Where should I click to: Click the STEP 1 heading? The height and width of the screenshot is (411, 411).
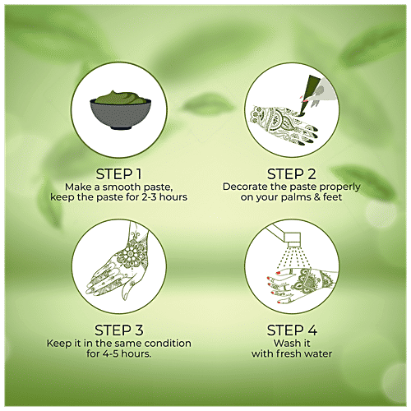click(x=118, y=174)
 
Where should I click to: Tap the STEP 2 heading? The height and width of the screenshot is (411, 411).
click(x=292, y=174)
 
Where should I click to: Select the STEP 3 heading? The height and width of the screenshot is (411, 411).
click(x=119, y=330)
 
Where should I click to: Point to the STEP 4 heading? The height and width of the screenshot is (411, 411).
click(x=292, y=330)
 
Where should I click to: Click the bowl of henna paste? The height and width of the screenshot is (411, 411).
click(x=120, y=110)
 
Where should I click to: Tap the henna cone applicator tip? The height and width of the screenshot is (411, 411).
click(x=302, y=112)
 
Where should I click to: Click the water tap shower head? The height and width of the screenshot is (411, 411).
click(x=293, y=238)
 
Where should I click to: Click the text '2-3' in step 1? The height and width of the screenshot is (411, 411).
click(x=150, y=197)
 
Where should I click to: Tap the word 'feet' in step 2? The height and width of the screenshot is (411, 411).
click(x=332, y=197)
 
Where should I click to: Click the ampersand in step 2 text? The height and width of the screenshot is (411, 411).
click(x=316, y=197)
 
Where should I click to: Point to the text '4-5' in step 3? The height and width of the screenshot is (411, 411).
click(x=111, y=353)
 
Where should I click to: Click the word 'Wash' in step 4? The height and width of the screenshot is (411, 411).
click(x=284, y=343)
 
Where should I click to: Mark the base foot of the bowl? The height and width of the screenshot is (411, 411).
click(x=120, y=127)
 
